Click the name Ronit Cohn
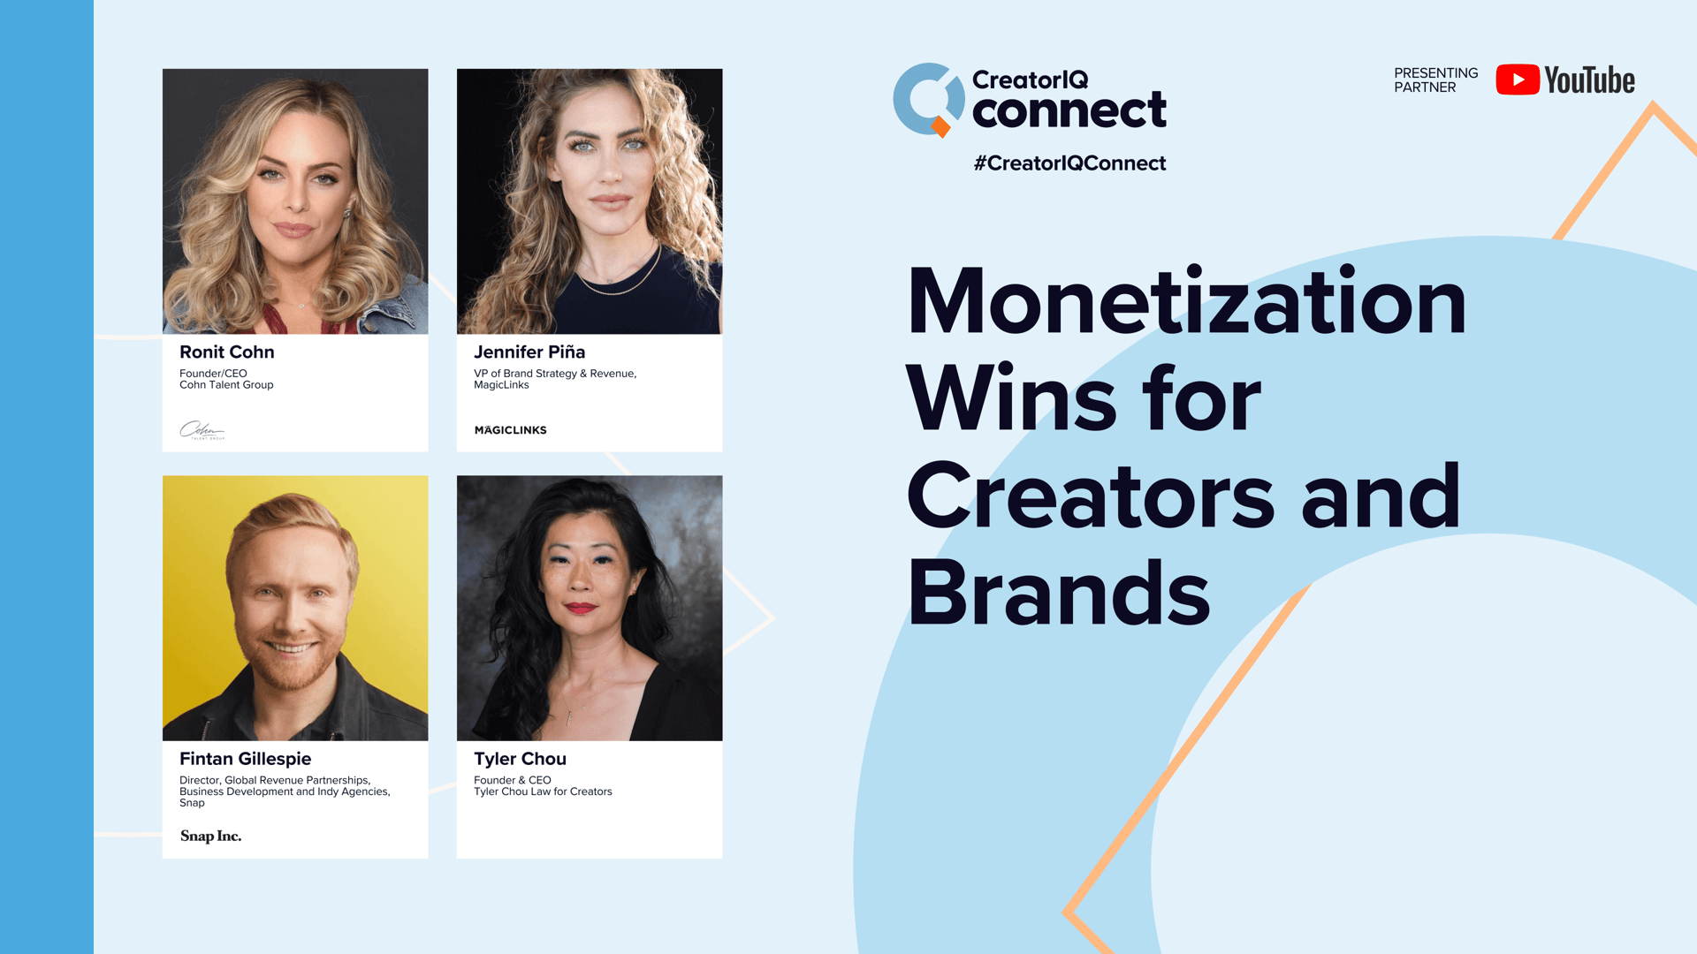coord(227,352)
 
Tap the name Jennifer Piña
coord(529,352)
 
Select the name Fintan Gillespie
coord(246,759)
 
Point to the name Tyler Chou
coord(520,759)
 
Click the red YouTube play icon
coord(1518,79)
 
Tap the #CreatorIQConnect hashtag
coord(1069,163)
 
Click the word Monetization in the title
coord(1187,302)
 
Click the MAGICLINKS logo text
coord(511,430)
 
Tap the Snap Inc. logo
coord(211,836)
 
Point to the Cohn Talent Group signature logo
coord(202,430)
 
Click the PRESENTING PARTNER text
coord(1435,79)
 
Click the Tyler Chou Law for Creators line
coord(543,791)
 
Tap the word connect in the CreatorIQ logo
coord(1069,110)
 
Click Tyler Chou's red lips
coord(581,608)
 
